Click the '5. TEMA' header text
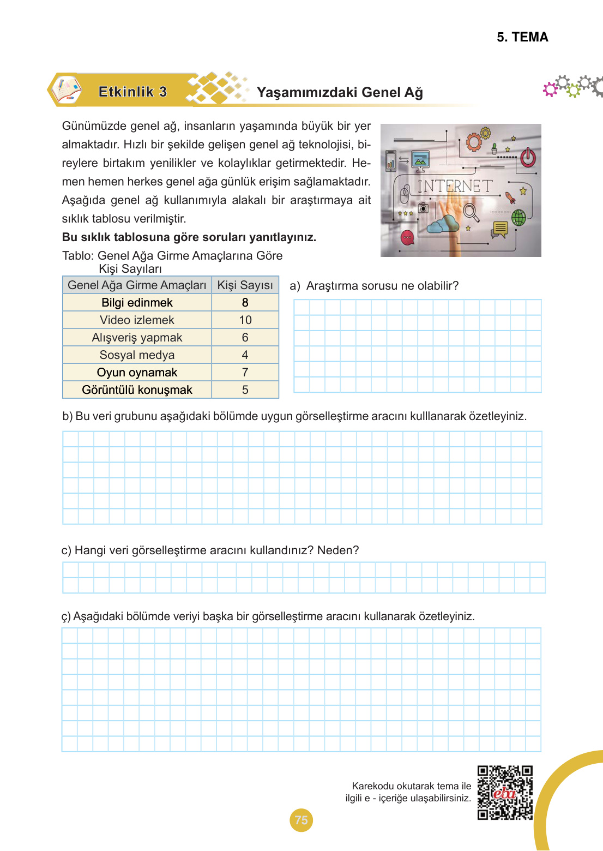(x=522, y=37)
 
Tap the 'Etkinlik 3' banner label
(x=132, y=92)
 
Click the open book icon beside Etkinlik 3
(x=66, y=89)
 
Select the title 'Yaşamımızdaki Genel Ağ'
(x=340, y=92)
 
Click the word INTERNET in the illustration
(x=455, y=187)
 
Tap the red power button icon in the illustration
(x=527, y=158)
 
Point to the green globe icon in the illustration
(x=518, y=217)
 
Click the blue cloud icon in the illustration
(x=443, y=224)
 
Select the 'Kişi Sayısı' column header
(x=245, y=285)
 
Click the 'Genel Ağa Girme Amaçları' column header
(x=137, y=285)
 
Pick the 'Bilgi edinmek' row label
(x=137, y=303)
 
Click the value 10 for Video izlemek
(x=245, y=320)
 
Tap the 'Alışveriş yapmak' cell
(x=137, y=338)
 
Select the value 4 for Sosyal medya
(x=245, y=355)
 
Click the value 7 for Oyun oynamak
(x=245, y=373)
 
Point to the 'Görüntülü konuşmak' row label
(x=137, y=390)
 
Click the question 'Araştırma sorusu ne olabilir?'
(x=382, y=286)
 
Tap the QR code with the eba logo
(x=505, y=793)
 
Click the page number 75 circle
(x=301, y=820)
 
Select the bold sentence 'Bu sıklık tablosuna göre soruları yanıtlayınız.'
(x=189, y=237)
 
